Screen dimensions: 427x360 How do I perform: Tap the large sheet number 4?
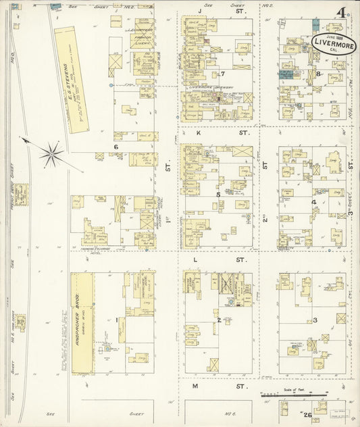(x=344, y=13)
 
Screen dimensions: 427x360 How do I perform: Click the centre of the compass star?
(x=51, y=155)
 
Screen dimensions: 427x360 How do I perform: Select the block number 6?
(x=116, y=147)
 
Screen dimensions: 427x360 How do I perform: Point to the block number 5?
(x=217, y=195)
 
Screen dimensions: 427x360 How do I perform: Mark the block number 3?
(x=315, y=320)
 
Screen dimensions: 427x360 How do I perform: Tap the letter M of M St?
(x=195, y=386)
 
